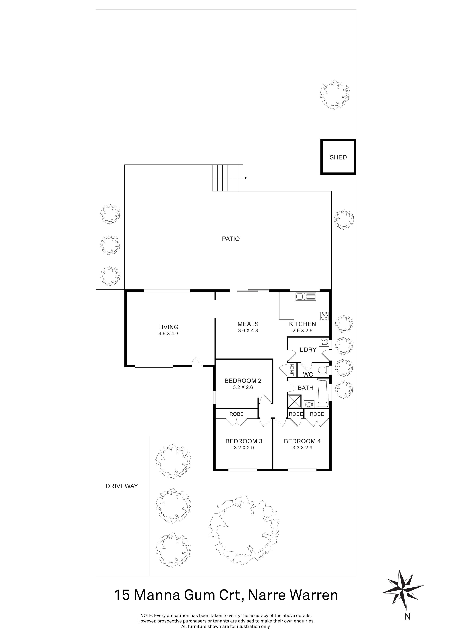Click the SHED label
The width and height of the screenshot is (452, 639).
pos(338,158)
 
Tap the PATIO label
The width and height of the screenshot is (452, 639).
pos(230,239)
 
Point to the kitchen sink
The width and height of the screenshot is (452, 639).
pos(306,297)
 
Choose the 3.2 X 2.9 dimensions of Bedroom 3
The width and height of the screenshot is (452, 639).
pos(244,448)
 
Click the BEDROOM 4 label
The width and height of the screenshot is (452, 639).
pos(302,441)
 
